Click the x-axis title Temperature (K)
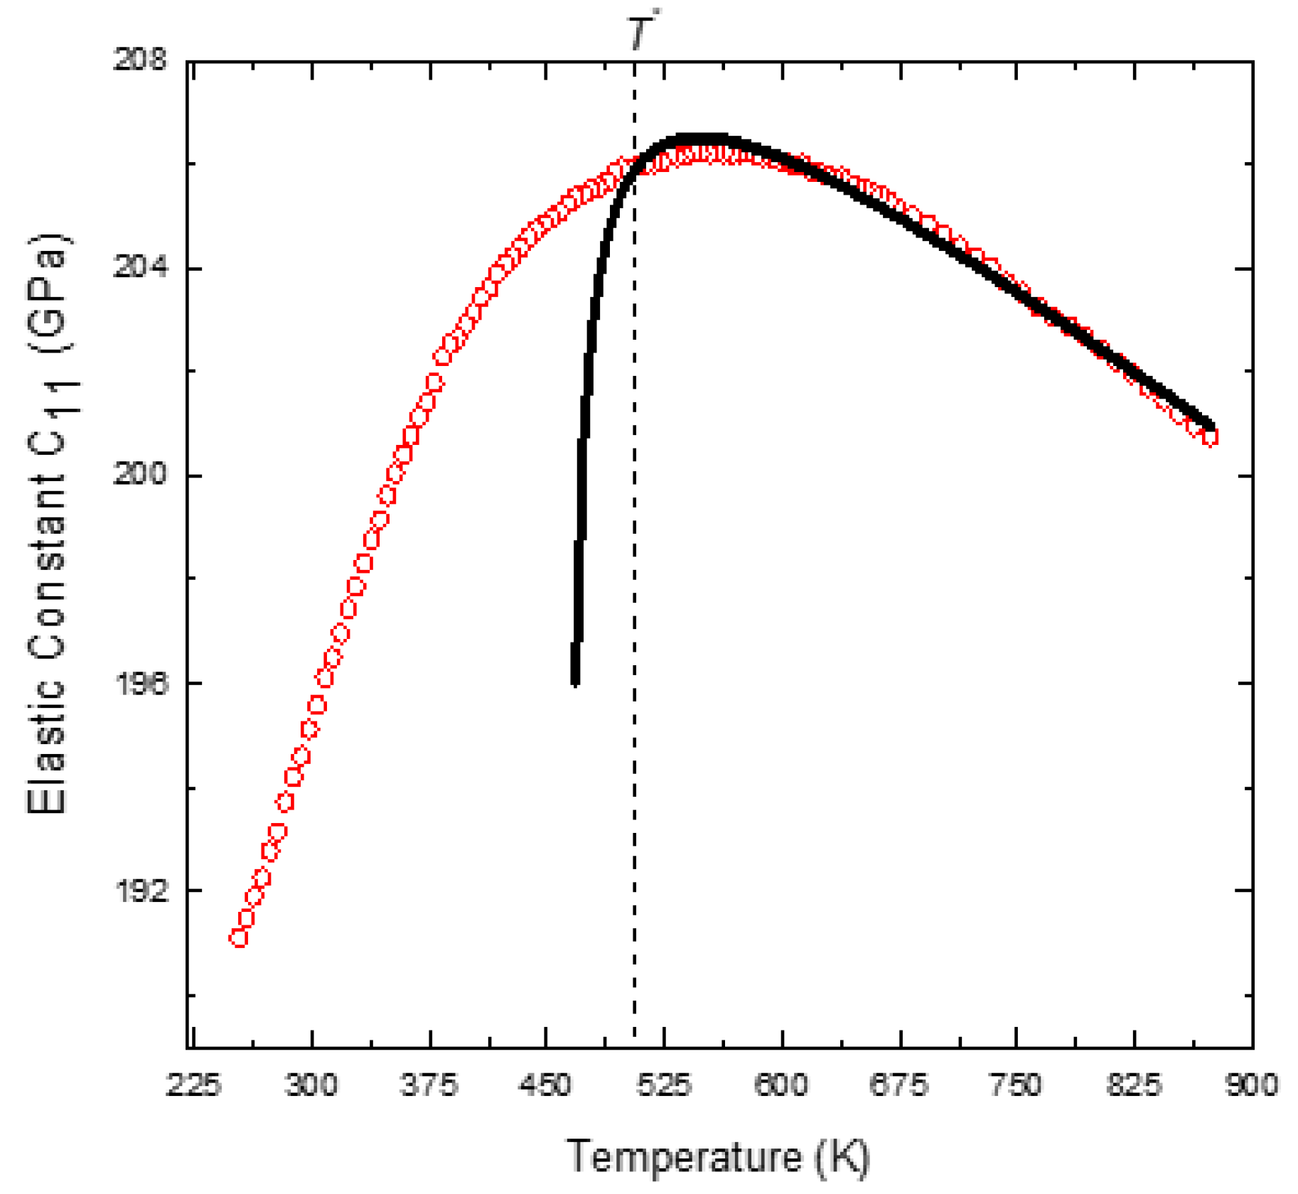[718, 1156]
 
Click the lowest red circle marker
[239, 938]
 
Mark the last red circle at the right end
[1209, 437]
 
